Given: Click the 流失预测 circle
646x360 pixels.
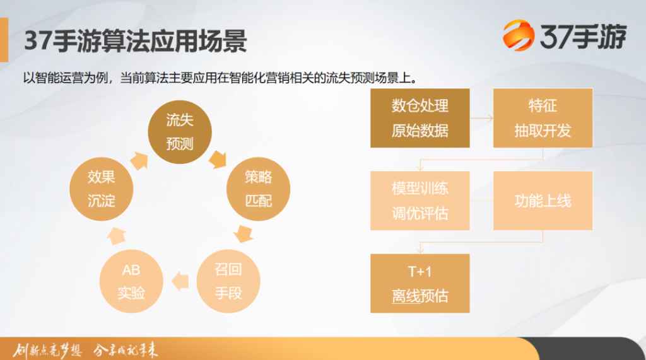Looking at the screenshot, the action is click(x=180, y=132).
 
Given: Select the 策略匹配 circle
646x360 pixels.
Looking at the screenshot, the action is click(x=258, y=189).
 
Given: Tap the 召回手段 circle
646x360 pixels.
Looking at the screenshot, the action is click(x=228, y=281).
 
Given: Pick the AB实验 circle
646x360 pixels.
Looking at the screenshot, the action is click(x=131, y=281).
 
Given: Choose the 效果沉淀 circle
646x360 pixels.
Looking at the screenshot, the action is click(x=101, y=189).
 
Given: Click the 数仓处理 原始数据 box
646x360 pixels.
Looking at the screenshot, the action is click(x=420, y=118).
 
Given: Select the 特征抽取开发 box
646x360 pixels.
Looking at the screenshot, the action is click(x=543, y=118).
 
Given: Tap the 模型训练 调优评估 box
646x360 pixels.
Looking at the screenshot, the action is click(x=420, y=200).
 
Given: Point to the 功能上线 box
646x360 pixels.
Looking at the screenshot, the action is click(x=543, y=200).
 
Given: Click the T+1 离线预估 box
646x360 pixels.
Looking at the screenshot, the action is click(x=420, y=283).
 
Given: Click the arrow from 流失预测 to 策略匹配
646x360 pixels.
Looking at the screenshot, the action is click(x=218, y=160).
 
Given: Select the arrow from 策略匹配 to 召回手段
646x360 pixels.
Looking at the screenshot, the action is click(x=244, y=233).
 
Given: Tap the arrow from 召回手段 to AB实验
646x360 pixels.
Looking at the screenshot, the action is click(x=180, y=281).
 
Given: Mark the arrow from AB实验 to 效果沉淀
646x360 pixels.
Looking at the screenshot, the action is click(x=117, y=236).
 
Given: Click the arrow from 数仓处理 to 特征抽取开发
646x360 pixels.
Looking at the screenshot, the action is click(x=481, y=119).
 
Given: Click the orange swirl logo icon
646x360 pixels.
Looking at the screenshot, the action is click(x=519, y=35).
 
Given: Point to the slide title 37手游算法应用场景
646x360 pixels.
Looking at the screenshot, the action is click(x=135, y=41).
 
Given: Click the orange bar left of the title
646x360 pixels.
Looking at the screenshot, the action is click(x=4, y=40).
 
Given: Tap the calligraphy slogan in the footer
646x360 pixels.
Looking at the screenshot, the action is click(x=85, y=350).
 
